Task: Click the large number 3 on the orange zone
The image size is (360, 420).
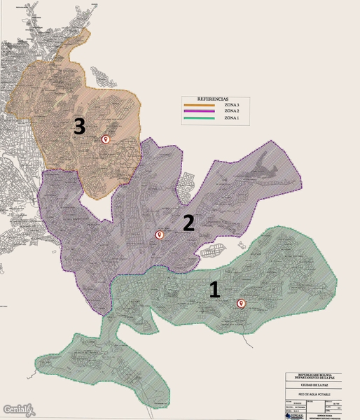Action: tap(79, 126)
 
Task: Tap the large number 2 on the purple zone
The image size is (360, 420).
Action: tap(188, 223)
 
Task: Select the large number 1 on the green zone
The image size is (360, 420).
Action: tap(215, 290)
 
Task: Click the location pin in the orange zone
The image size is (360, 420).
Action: tap(106, 139)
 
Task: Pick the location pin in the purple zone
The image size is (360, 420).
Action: tap(159, 235)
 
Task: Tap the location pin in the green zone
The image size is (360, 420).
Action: tap(242, 303)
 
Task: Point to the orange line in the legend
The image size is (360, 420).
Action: tap(201, 104)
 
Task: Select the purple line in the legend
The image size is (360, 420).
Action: tap(201, 111)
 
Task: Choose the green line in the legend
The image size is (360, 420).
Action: tap(201, 118)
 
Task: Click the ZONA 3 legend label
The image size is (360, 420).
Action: tap(232, 104)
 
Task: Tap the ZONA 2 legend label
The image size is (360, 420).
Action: tap(232, 111)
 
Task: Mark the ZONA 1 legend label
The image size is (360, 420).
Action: tap(232, 118)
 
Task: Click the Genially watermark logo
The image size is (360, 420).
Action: tap(16, 409)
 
